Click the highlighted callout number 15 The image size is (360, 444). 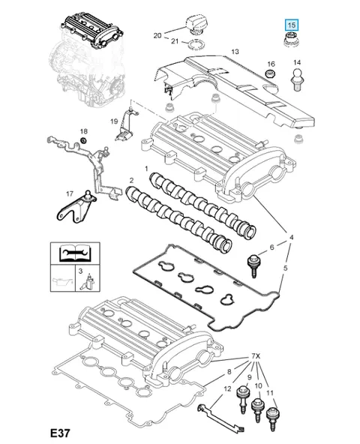click(292, 25)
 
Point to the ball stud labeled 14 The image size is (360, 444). click(296, 79)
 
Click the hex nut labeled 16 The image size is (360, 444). click(271, 73)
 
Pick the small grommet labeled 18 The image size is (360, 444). click(83, 140)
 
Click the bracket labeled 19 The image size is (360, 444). click(125, 124)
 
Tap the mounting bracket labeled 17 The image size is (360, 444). click(76, 207)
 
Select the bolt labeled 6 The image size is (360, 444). click(253, 265)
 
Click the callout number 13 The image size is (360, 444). click(235, 52)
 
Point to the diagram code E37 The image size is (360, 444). click(60, 433)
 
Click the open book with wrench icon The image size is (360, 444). click(75, 253)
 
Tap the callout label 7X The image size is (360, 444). click(256, 356)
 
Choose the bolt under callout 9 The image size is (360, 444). click(242, 399)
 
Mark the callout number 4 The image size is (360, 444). click(291, 237)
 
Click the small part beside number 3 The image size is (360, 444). click(88, 281)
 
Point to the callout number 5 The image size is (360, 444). click(285, 268)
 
